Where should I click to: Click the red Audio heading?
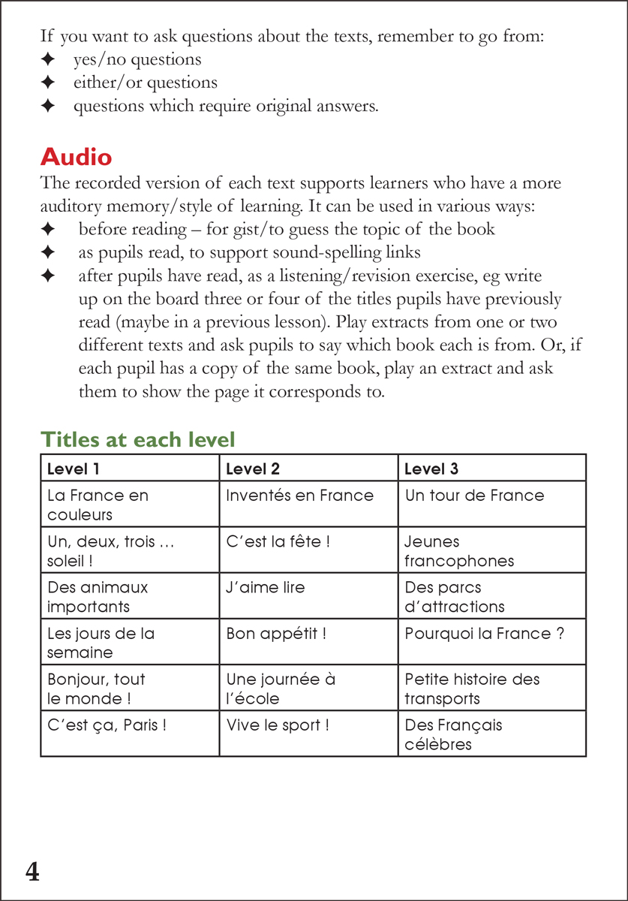pos(76,158)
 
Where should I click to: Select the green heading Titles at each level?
pos(137,439)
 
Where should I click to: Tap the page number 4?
pos(32,872)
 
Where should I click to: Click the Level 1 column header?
pos(74,469)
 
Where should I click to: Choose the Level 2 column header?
pos(253,469)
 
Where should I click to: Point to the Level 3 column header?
pos(431,469)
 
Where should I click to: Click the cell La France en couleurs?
pos(98,505)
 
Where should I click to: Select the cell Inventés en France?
pos(299,496)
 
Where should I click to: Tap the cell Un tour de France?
pos(474,496)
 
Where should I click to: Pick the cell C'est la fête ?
pos(278,541)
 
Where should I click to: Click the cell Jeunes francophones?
pos(459,551)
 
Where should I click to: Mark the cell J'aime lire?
pos(266,587)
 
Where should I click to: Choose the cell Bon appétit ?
pos(276,634)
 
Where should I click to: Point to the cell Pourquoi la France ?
pos(484,634)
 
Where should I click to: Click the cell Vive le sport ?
pos(278,725)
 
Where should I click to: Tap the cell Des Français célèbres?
pos(453,735)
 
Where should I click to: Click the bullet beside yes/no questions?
pos(48,59)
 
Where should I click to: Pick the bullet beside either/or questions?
pos(48,83)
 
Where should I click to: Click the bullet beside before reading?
pos(48,229)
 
